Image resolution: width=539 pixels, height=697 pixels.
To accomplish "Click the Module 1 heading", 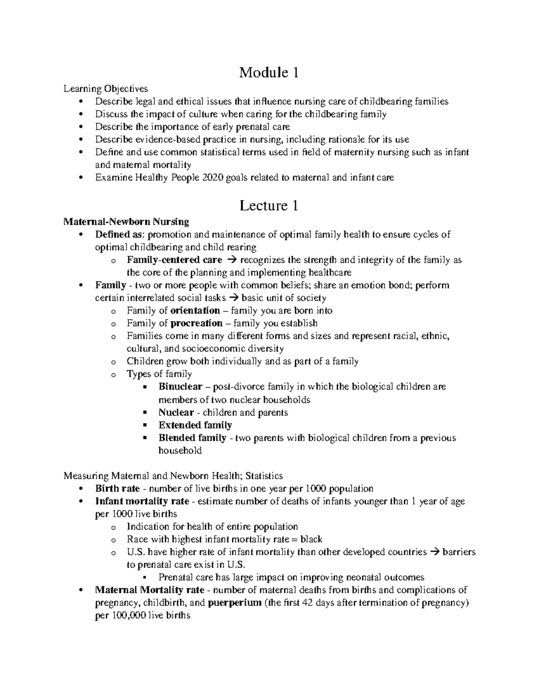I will click(269, 72).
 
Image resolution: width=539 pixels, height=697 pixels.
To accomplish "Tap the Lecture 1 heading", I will click(269, 206).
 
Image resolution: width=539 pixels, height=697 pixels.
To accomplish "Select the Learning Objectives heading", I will click(106, 88).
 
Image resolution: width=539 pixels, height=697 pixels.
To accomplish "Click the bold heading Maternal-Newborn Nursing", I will click(126, 222).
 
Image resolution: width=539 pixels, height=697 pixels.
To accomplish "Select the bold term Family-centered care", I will click(174, 260).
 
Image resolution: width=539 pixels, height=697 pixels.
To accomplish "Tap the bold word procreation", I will click(196, 323).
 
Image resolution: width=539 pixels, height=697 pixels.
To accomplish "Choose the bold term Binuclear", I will click(180, 387).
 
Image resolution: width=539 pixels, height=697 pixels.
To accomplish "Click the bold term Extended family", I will click(195, 425).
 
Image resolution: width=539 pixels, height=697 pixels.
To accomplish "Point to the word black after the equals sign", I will click(311, 539).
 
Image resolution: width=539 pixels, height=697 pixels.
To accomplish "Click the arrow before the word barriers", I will click(434, 552).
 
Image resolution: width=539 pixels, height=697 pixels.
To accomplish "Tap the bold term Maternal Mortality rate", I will click(150, 590).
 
